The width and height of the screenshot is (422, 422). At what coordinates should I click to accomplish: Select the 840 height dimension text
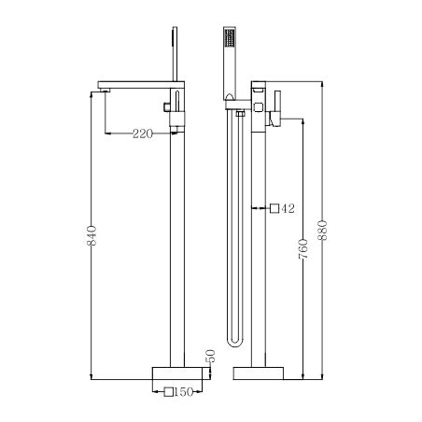point(91,237)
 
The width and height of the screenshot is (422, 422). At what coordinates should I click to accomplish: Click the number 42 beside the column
point(288,208)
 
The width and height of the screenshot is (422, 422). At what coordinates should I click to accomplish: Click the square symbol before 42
point(274,208)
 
